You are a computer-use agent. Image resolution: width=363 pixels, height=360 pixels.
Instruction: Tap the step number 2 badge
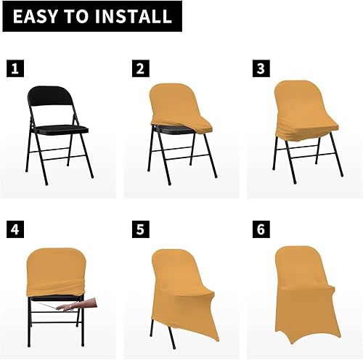point(140,70)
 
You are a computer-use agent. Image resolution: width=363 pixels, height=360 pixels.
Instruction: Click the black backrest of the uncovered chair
point(49,101)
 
